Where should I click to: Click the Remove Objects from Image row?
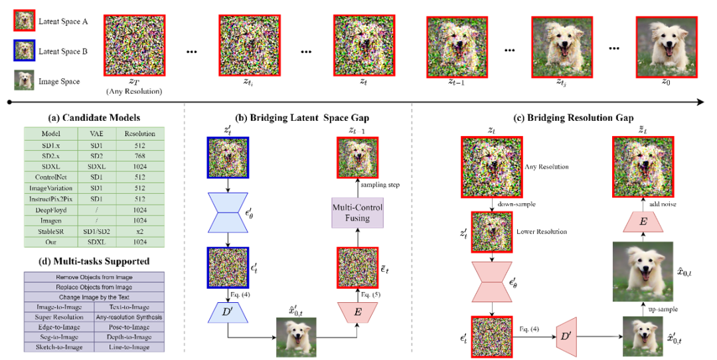coord(94,276)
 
